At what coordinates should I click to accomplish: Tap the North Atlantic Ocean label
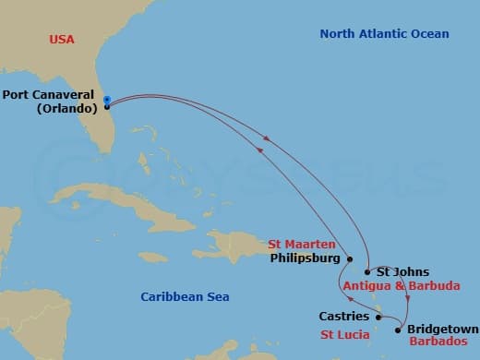pos(384,34)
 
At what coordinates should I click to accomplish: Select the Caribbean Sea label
pos(185,296)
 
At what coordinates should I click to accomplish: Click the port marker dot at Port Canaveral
pos(107,106)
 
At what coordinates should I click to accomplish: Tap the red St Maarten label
pos(302,245)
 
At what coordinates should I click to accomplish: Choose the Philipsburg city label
pos(305,258)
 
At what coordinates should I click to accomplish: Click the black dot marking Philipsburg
pos(350,259)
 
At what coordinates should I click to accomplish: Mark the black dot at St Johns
pos(367,272)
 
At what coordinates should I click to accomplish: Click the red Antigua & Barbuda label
pos(401,286)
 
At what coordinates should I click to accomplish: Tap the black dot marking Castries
pos(378,317)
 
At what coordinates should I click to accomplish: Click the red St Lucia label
pos(345,333)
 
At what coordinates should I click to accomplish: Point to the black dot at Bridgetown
pos(398,329)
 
